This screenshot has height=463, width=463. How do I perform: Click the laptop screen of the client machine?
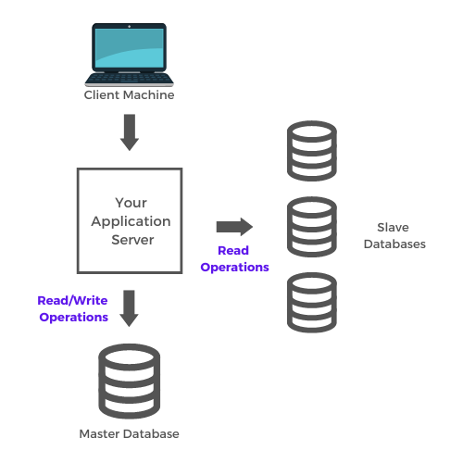point(130,48)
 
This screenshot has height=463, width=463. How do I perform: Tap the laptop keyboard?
point(130,79)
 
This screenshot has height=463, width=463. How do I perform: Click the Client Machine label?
point(129,94)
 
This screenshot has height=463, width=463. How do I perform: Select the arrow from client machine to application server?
point(130,132)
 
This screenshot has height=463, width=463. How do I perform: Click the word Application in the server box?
point(131,222)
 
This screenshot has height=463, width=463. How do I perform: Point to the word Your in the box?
point(131,203)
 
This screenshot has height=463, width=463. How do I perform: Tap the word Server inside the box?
point(132,240)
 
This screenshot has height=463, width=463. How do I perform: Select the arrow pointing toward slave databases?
point(234,227)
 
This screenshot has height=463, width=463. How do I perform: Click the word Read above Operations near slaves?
point(233,250)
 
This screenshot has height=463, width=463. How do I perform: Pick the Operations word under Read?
point(234,268)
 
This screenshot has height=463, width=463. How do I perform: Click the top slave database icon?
point(312,151)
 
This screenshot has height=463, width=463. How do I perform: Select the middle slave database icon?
point(312,227)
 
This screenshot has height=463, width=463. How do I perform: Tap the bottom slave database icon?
point(312,302)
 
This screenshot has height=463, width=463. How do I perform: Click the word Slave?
point(393,228)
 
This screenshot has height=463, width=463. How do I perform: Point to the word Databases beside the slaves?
point(394,244)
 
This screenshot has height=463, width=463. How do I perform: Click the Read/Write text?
point(72,300)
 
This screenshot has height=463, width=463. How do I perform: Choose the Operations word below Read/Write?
point(74,318)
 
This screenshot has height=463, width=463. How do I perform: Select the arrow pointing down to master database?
point(129,308)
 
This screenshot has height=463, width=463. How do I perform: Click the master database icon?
point(130,382)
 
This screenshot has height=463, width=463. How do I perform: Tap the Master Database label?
point(129,433)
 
